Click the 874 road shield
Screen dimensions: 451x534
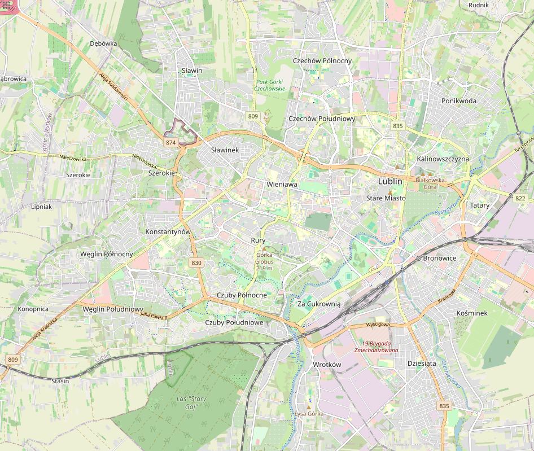click(x=171, y=143)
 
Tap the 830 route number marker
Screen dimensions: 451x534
click(x=196, y=262)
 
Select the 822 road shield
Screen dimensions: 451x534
click(x=520, y=198)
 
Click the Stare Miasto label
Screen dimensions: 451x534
click(x=386, y=199)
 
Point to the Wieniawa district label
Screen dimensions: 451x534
click(x=281, y=185)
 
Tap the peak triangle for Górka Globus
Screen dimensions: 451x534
click(x=264, y=248)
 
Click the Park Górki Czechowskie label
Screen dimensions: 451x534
click(x=269, y=85)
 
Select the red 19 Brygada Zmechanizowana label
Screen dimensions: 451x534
click(x=376, y=347)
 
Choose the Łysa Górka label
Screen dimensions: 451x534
click(x=309, y=414)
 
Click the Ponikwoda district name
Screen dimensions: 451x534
click(x=459, y=101)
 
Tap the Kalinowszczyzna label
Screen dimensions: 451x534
click(x=443, y=159)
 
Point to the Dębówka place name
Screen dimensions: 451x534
click(x=103, y=43)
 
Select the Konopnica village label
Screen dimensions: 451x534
click(x=33, y=309)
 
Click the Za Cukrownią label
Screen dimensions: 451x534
click(x=319, y=304)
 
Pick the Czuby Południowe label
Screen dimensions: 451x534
click(x=234, y=322)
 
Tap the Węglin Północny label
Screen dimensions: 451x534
click(x=107, y=254)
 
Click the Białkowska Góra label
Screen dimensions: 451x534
click(x=430, y=183)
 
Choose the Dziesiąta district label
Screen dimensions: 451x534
click(x=422, y=364)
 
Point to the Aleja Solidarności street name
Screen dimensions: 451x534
click(x=113, y=87)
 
